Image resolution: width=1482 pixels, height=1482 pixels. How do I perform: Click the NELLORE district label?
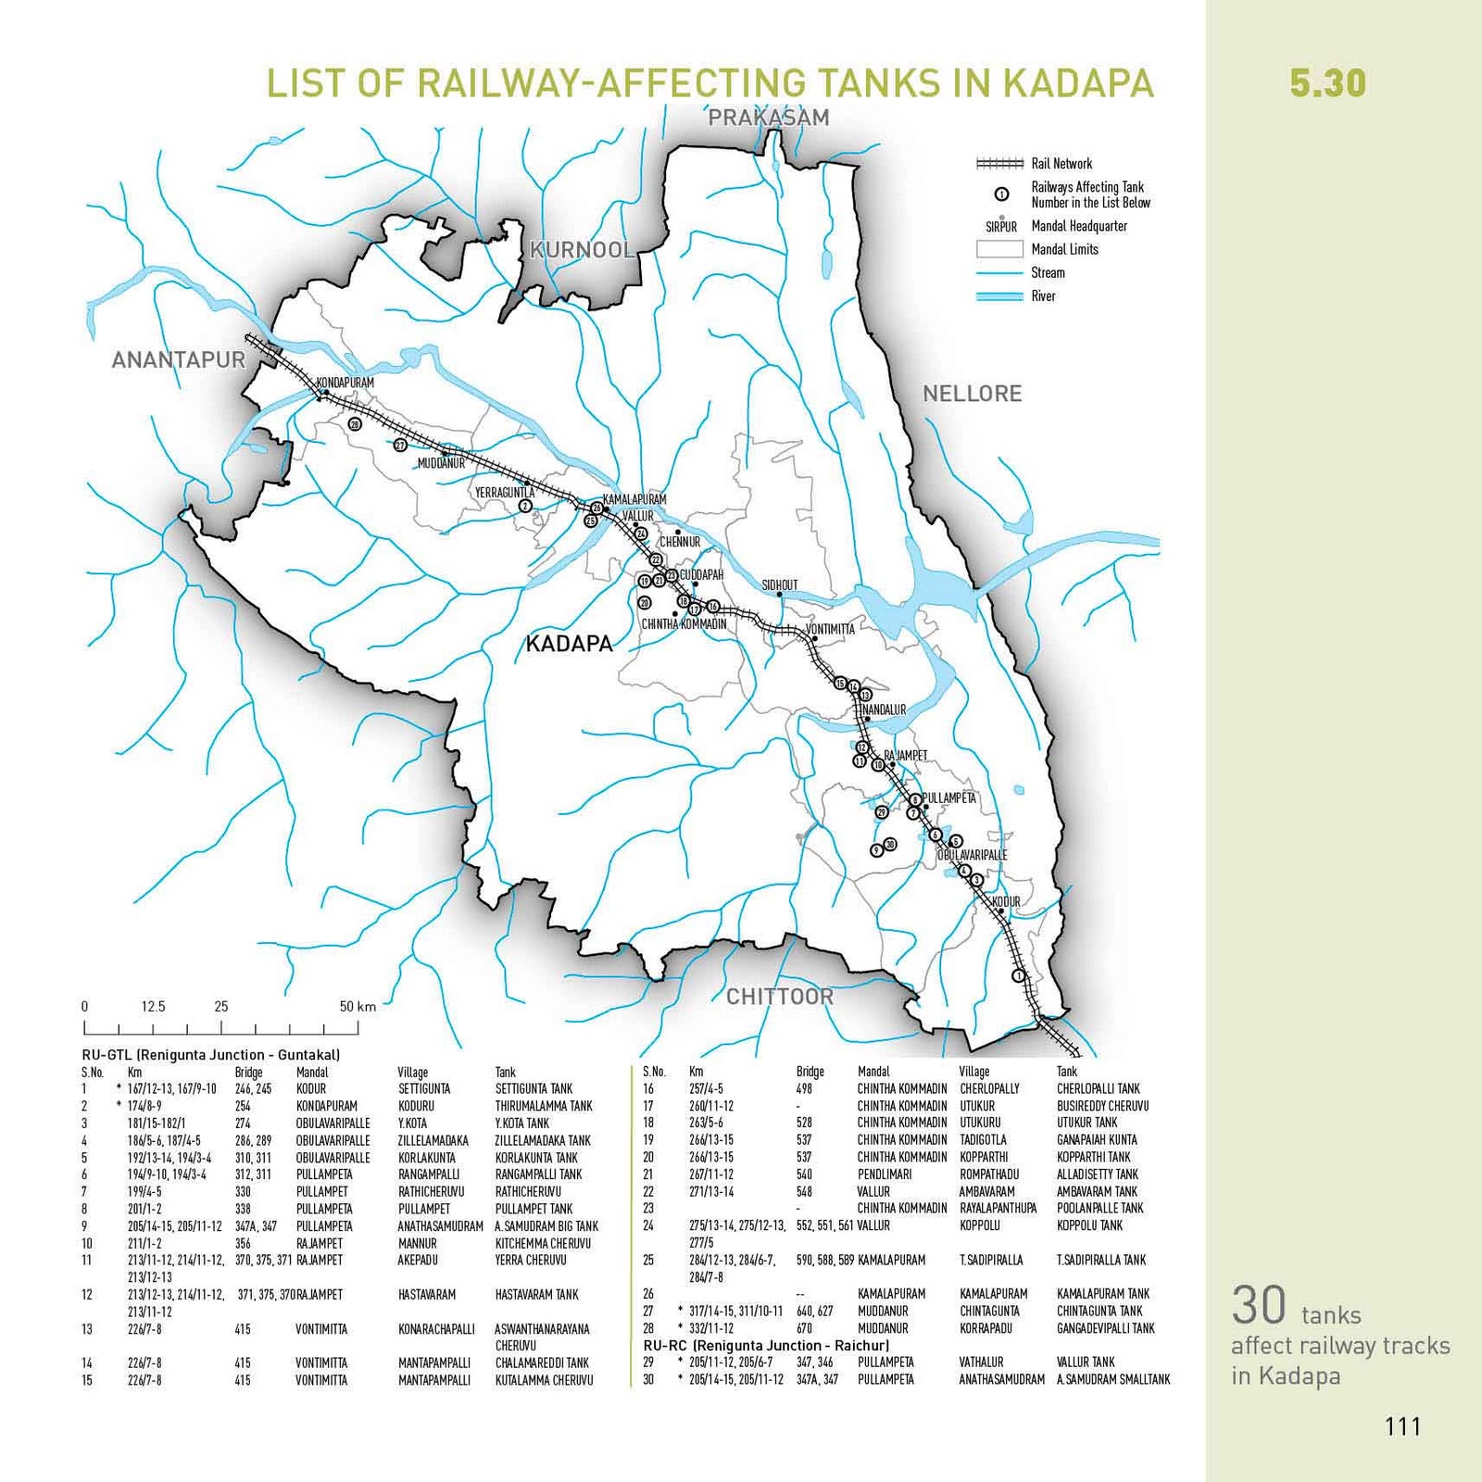[x=972, y=394]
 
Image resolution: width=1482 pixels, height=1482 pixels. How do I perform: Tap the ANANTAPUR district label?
[x=179, y=360]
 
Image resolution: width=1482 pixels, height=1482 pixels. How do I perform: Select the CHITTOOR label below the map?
[x=779, y=997]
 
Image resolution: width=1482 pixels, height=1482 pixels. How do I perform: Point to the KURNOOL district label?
[x=582, y=250]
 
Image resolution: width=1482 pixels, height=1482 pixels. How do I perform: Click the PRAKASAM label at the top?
[x=769, y=118]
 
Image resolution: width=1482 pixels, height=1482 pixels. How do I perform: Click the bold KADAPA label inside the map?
[x=569, y=644]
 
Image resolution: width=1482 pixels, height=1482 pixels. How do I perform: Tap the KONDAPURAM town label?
[x=345, y=383]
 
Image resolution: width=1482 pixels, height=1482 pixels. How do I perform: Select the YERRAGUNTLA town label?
[x=505, y=493]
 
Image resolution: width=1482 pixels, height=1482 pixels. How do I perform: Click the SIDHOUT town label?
[x=779, y=585]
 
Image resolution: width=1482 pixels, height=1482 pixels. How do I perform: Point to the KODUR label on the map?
[x=1006, y=901]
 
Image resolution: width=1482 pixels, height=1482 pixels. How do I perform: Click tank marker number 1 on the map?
[x=1019, y=975]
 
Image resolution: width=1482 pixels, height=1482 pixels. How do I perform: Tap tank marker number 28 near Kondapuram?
[x=355, y=424]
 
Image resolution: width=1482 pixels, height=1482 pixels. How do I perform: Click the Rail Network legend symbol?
[x=999, y=164]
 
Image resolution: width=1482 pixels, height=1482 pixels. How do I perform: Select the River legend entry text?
[x=1043, y=296]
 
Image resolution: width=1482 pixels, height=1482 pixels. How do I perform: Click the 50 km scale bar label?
[x=358, y=1007]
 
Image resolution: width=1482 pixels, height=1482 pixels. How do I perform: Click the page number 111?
[x=1402, y=1426]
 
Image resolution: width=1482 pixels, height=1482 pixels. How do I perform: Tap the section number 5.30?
[x=1327, y=83]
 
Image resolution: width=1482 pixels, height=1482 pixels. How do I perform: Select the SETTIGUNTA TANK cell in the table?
[x=534, y=1089]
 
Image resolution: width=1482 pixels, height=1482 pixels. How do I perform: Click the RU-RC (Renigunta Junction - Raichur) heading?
[x=766, y=1345]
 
